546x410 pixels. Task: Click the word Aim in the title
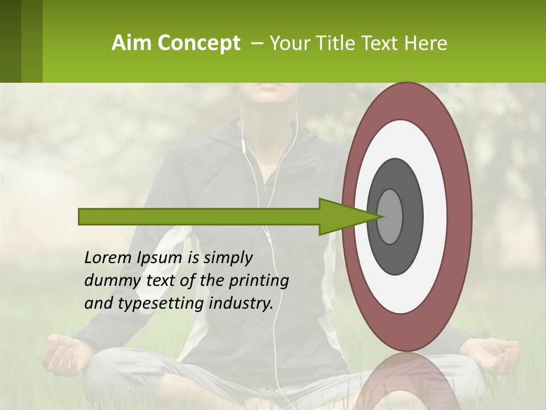tap(132, 43)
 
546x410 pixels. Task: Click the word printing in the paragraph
tap(259, 281)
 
